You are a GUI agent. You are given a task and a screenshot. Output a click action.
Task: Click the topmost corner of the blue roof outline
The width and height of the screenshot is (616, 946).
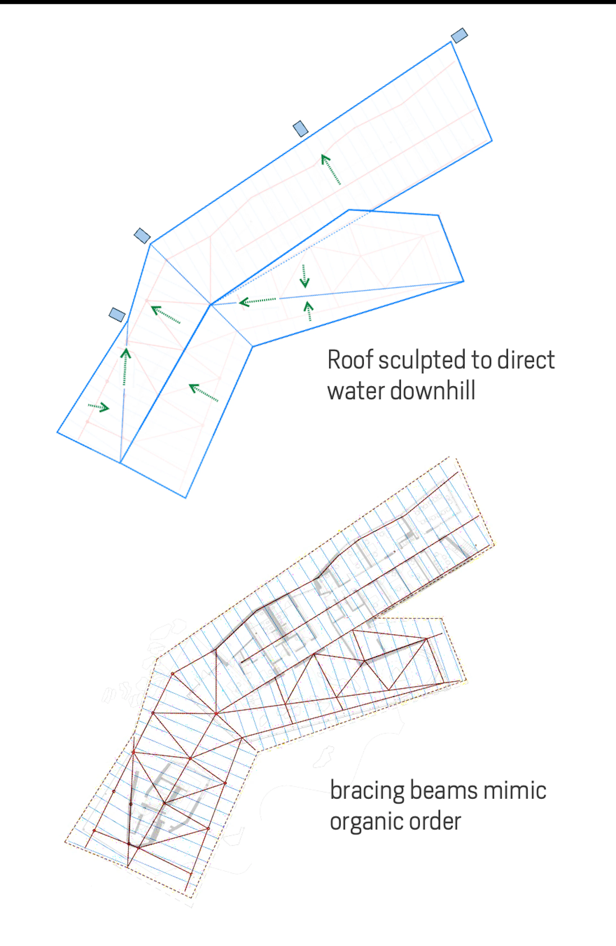pyautogui.click(x=451, y=42)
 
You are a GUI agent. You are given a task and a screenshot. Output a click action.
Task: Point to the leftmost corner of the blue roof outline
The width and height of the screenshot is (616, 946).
pyautogui.click(x=58, y=432)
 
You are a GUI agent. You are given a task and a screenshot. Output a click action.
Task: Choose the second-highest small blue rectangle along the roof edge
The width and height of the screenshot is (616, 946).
pyautogui.click(x=301, y=129)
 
